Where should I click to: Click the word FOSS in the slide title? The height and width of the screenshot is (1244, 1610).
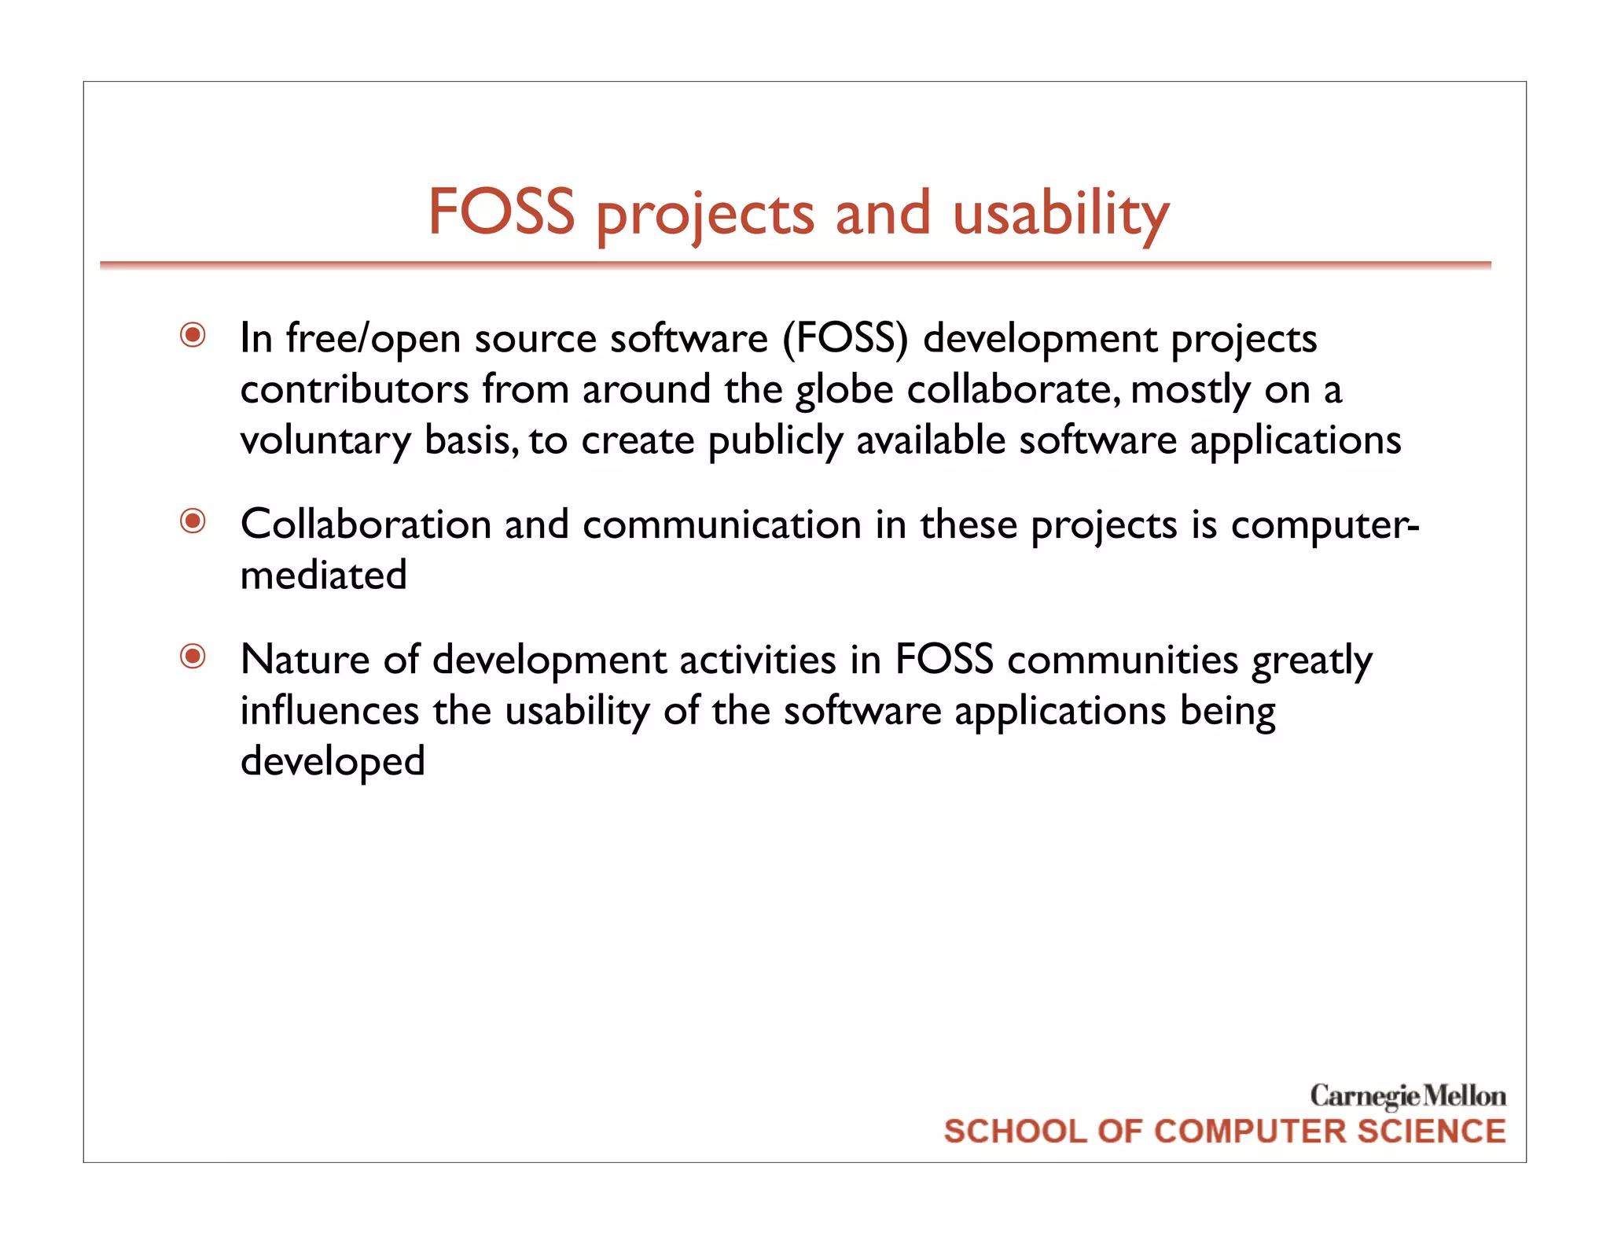coord(501,212)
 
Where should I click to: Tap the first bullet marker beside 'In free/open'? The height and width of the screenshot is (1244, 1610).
coord(193,336)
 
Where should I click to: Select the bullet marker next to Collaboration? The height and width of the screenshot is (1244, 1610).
coord(193,521)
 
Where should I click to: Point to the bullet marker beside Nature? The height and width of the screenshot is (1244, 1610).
coord(193,657)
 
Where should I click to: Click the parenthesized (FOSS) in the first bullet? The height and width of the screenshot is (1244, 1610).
coord(845,339)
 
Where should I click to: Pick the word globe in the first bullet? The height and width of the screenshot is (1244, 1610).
coord(844,390)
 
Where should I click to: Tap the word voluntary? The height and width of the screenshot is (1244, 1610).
coord(325,441)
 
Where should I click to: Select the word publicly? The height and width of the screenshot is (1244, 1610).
coord(775,441)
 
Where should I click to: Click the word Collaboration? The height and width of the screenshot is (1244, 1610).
coord(366,524)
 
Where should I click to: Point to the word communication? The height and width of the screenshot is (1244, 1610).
coord(722,524)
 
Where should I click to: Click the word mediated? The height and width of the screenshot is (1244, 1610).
coord(323,576)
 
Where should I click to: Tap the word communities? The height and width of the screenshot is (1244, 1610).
coord(1123,660)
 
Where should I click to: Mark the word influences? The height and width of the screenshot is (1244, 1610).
coord(329,711)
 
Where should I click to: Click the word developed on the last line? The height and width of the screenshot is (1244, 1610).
coord(333,762)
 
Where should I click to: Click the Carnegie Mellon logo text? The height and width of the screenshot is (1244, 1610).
coord(1407,1095)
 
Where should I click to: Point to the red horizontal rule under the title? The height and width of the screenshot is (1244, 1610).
coord(794,266)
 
